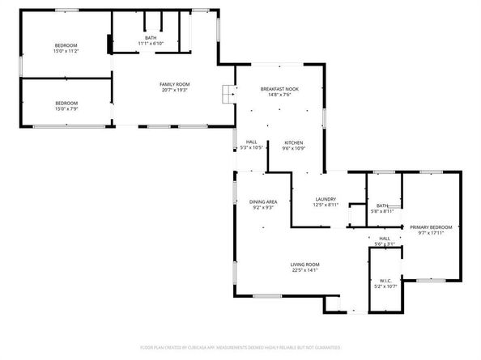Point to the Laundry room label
coord(326,199)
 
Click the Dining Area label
coord(262,202)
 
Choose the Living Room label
coord(305,265)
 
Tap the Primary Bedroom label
coord(430,227)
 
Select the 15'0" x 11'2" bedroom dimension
coord(66,51)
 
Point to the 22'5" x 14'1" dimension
coord(305,271)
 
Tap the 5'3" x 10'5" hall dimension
coord(251,148)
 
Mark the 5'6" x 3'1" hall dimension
coord(385,244)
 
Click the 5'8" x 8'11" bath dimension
coord(381,211)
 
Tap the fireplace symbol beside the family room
coord(226,93)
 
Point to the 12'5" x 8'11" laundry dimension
coord(326,205)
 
